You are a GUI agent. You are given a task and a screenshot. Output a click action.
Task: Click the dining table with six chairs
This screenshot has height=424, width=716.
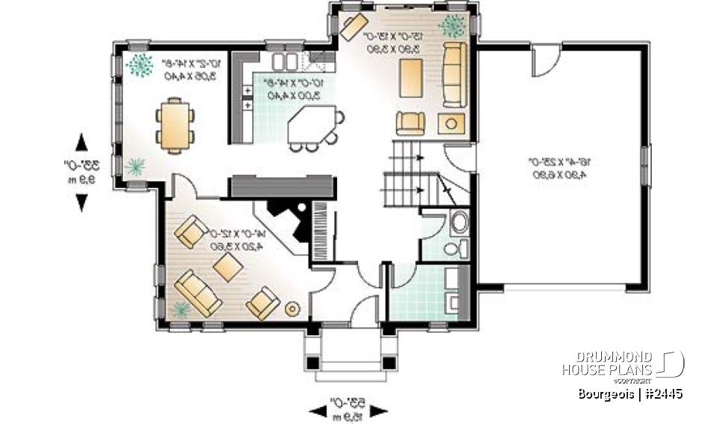175,124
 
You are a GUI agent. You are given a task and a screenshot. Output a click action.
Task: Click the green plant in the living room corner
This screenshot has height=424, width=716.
180,308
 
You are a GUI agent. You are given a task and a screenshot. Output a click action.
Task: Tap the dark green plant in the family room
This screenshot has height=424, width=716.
451,26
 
